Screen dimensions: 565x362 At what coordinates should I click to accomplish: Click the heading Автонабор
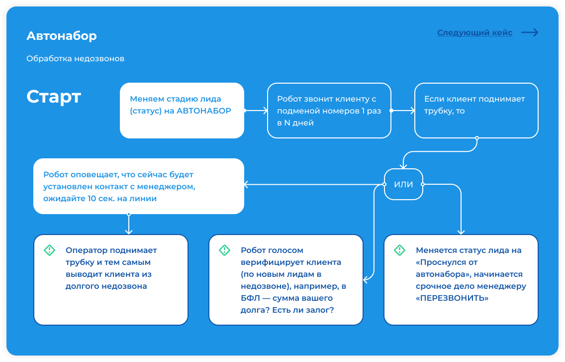click(62, 36)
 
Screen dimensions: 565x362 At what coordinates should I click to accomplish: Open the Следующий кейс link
click(474, 32)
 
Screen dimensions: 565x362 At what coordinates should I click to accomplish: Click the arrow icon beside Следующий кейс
click(530, 32)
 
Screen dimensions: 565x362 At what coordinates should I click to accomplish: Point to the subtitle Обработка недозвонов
click(75, 58)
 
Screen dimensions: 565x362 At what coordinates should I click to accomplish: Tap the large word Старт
click(54, 97)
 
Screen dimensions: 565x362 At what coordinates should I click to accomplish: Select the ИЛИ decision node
click(403, 184)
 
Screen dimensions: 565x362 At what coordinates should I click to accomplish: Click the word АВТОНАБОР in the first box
click(203, 111)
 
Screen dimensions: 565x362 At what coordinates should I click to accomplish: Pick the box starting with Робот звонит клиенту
click(329, 111)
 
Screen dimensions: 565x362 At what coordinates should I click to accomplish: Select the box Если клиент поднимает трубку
click(476, 111)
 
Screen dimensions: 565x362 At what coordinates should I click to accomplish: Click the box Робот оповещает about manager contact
click(139, 186)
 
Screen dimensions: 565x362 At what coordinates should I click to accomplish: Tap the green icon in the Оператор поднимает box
click(49, 250)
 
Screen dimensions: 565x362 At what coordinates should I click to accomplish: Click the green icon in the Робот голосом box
click(224, 250)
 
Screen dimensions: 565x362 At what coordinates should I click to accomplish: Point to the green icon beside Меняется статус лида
click(399, 250)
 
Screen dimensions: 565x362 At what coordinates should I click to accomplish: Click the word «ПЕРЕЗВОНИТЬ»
click(452, 298)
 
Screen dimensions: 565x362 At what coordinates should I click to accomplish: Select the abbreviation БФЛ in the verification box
click(250, 298)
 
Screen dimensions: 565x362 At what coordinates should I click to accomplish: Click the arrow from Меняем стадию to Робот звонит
click(256, 111)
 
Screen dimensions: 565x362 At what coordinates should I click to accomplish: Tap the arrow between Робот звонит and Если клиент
click(403, 111)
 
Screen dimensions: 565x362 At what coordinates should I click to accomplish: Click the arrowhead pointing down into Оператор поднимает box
click(129, 232)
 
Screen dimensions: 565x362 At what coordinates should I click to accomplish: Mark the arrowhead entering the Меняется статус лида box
click(461, 232)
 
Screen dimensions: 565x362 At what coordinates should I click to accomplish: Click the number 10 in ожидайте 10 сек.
click(92, 199)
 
